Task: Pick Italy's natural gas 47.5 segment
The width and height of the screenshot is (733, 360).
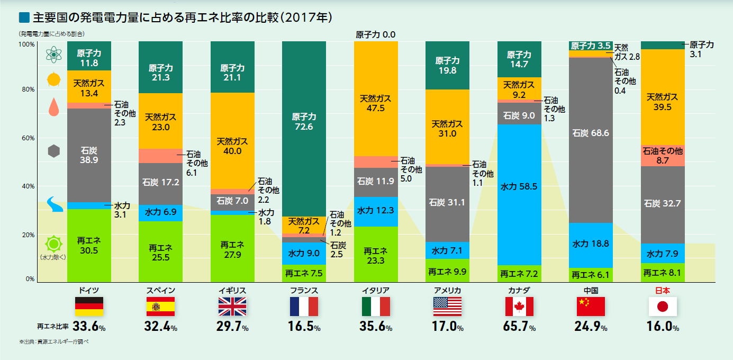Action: pos(376,104)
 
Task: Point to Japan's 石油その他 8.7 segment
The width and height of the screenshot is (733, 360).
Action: pos(663,155)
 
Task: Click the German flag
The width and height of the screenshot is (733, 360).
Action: pos(89,307)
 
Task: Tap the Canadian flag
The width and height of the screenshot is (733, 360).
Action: pos(519,307)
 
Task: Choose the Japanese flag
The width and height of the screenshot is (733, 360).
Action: pos(663,307)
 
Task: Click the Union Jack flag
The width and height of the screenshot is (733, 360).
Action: pos(232,307)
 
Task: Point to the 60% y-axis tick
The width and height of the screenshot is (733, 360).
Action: pos(28,138)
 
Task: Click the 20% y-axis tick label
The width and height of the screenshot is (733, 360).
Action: pos(28,235)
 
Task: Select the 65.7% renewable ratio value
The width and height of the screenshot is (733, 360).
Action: pos(519,327)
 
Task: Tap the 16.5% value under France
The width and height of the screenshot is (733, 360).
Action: pos(304,327)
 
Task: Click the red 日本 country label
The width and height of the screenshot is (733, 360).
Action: pos(663,290)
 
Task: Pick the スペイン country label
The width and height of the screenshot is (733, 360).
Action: pos(160,290)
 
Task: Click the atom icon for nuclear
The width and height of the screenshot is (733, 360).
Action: pos(53,54)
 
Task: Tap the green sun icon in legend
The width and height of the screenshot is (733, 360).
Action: pos(53,244)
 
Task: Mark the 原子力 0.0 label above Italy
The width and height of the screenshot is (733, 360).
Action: pos(376,35)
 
